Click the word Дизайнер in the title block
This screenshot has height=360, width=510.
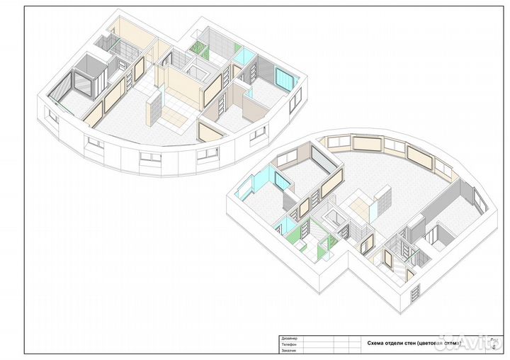coord(290,338)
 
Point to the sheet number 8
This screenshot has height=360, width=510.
coord(493,347)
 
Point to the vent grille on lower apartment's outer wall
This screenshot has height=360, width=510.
coord(415,289)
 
